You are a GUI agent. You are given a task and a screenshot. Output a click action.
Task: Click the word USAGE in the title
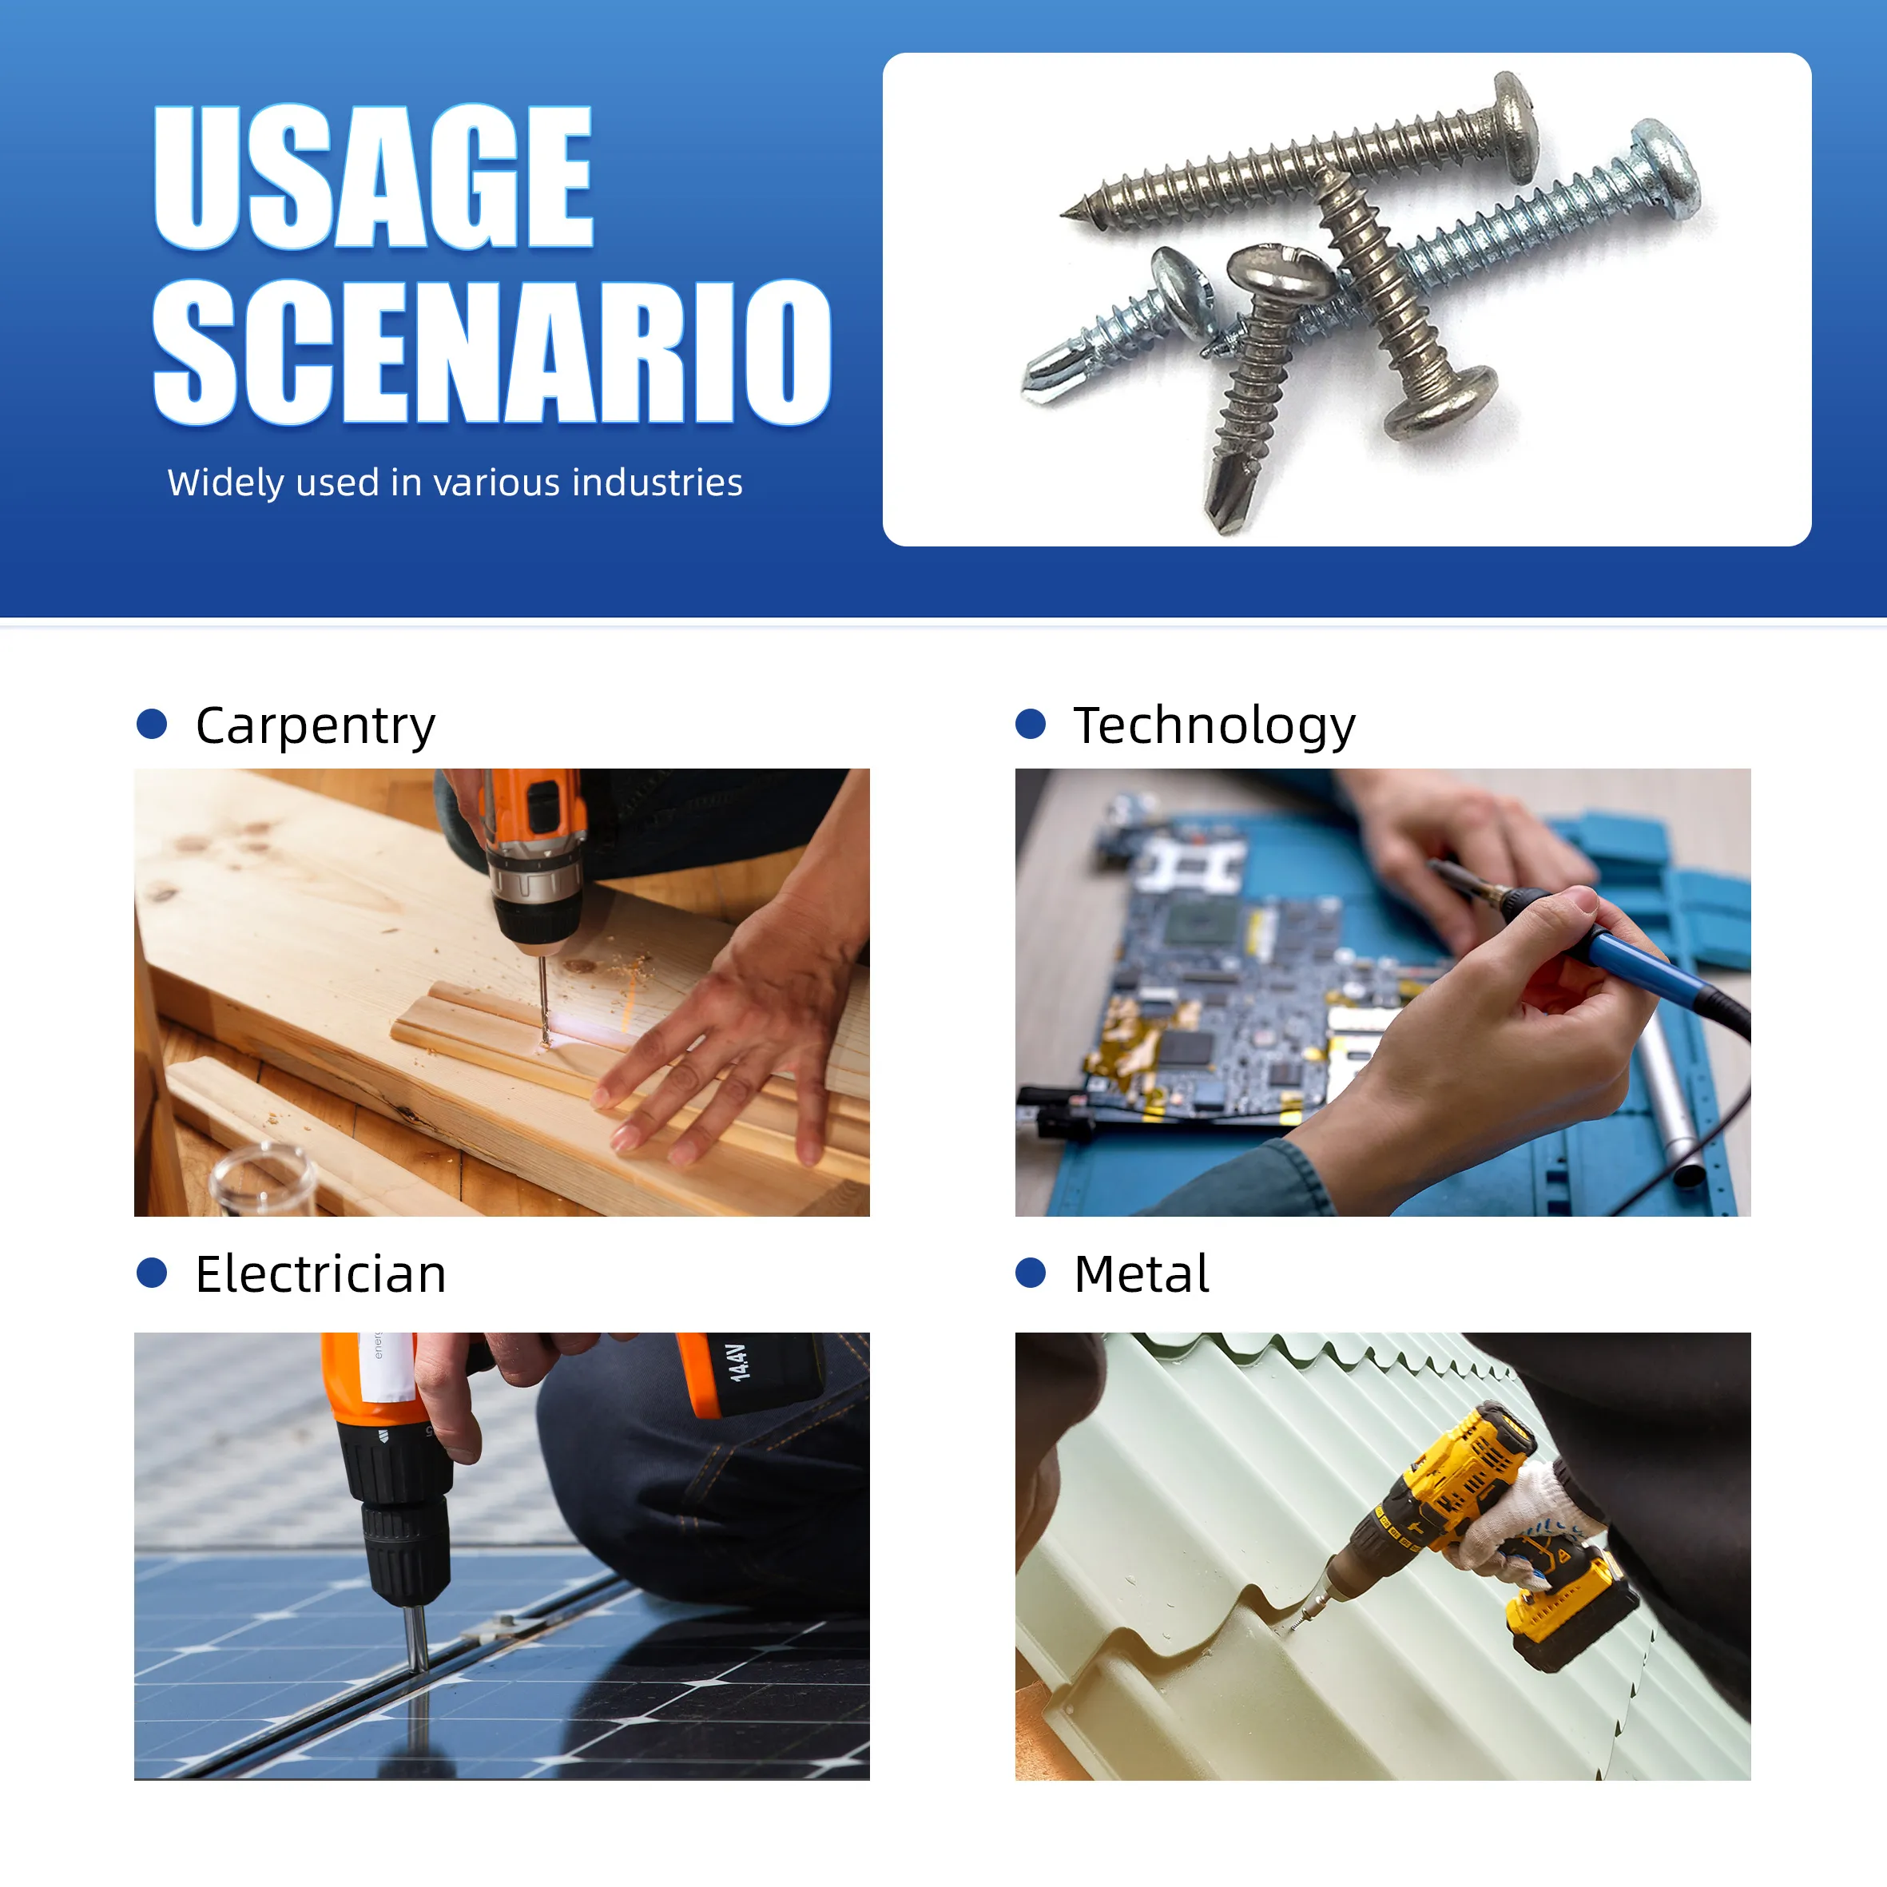(373, 176)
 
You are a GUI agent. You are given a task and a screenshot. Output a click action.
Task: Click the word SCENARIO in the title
(491, 352)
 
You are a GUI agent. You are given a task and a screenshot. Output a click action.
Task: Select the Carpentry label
(315, 725)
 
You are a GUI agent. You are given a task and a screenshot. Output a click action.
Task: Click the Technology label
(1214, 725)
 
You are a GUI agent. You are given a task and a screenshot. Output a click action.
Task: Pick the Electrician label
(320, 1273)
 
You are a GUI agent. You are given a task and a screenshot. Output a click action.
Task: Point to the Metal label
(1141, 1273)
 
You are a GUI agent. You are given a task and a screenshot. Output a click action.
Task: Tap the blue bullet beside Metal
(1031, 1273)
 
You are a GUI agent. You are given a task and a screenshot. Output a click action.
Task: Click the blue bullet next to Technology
(1031, 724)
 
